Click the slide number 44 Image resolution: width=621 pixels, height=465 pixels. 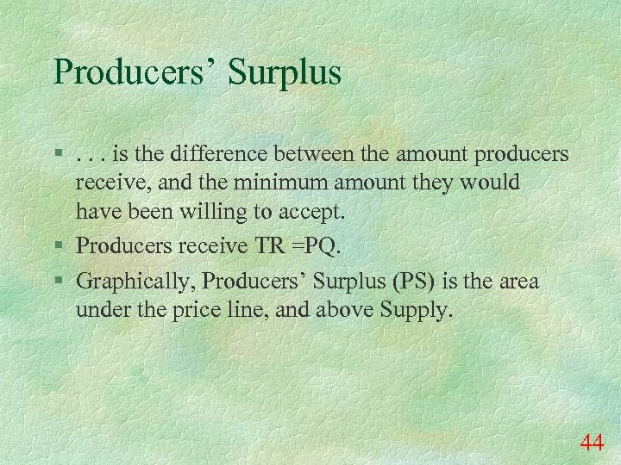click(592, 443)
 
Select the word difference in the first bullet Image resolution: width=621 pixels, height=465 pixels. click(222, 155)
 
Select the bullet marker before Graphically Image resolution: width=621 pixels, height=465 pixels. click(58, 282)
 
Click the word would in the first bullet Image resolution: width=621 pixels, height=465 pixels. click(494, 183)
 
